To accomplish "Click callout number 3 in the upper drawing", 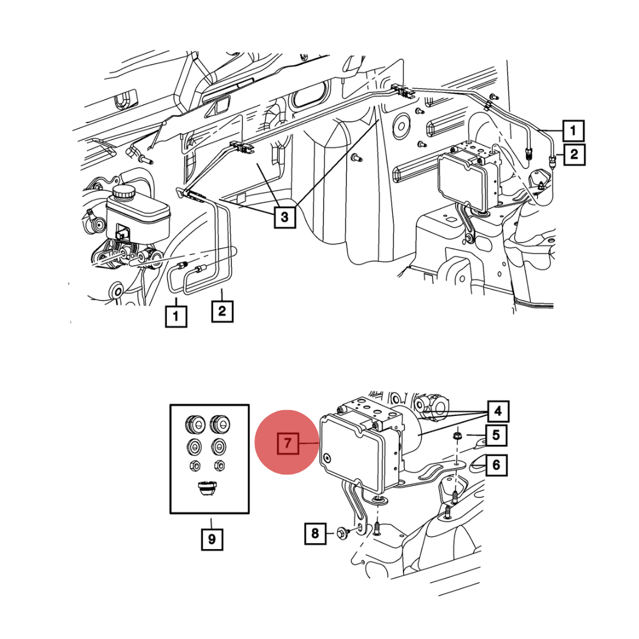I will coord(285,217).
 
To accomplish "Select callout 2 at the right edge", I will coord(573,155).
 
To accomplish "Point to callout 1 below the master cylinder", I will coord(176,315).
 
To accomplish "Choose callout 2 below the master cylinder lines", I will coord(222,311).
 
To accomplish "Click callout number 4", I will coord(498,409).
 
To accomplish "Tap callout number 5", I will coord(496,437).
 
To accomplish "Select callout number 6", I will coord(496,465).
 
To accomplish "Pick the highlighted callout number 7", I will coord(287,443).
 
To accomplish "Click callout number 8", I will coord(315,534).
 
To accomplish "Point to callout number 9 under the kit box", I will coord(212,540).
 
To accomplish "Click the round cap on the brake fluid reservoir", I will coord(125,192).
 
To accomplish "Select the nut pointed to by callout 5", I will coord(457,437).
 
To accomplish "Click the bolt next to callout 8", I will coord(344,534).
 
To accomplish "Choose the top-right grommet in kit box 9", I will coord(220,423).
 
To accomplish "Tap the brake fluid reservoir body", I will coord(138,216).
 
